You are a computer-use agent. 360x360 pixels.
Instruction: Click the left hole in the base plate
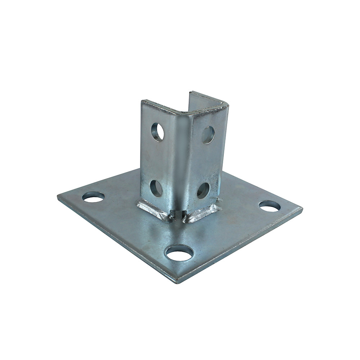coord(93,197)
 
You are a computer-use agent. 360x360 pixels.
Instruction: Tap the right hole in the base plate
coord(269,206)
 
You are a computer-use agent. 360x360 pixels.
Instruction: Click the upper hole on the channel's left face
coord(157,132)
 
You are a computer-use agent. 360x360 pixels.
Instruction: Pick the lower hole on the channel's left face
coord(156,188)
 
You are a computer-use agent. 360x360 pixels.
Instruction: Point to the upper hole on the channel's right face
coord(208,135)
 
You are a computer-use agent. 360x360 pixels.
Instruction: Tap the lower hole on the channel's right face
coord(203,190)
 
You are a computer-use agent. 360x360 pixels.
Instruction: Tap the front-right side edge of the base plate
coord(241,247)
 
